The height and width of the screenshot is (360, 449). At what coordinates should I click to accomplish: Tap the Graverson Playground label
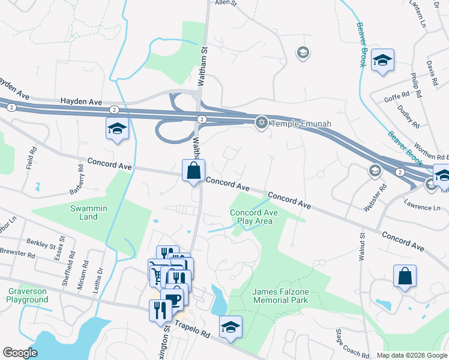pyautogui.click(x=27, y=295)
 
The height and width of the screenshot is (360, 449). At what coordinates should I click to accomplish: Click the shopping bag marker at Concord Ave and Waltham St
pyautogui.click(x=193, y=170)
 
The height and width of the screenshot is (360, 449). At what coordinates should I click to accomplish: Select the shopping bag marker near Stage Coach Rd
pyautogui.click(x=405, y=277)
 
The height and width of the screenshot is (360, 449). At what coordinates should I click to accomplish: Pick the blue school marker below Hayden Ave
pyautogui.click(x=117, y=129)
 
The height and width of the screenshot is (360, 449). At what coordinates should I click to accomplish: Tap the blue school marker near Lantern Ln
pyautogui.click(x=382, y=61)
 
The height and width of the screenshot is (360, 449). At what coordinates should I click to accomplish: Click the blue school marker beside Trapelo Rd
pyautogui.click(x=231, y=327)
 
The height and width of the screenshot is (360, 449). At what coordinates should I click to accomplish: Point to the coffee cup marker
pyautogui.click(x=172, y=298)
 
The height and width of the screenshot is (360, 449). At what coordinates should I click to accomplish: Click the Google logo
pyautogui.click(x=20, y=353)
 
